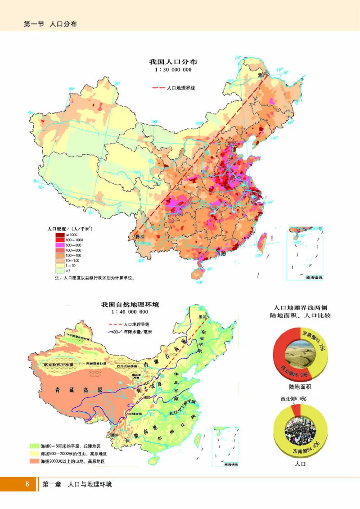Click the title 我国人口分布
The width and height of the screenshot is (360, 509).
173,62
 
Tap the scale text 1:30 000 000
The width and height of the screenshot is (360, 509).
173,70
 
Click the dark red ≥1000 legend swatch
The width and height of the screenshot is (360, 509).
59,235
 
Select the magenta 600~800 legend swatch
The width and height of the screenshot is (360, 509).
59,245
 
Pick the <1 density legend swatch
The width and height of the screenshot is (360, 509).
59,271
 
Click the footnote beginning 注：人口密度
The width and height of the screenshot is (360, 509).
95,278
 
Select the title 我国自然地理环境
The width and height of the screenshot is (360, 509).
130,305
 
